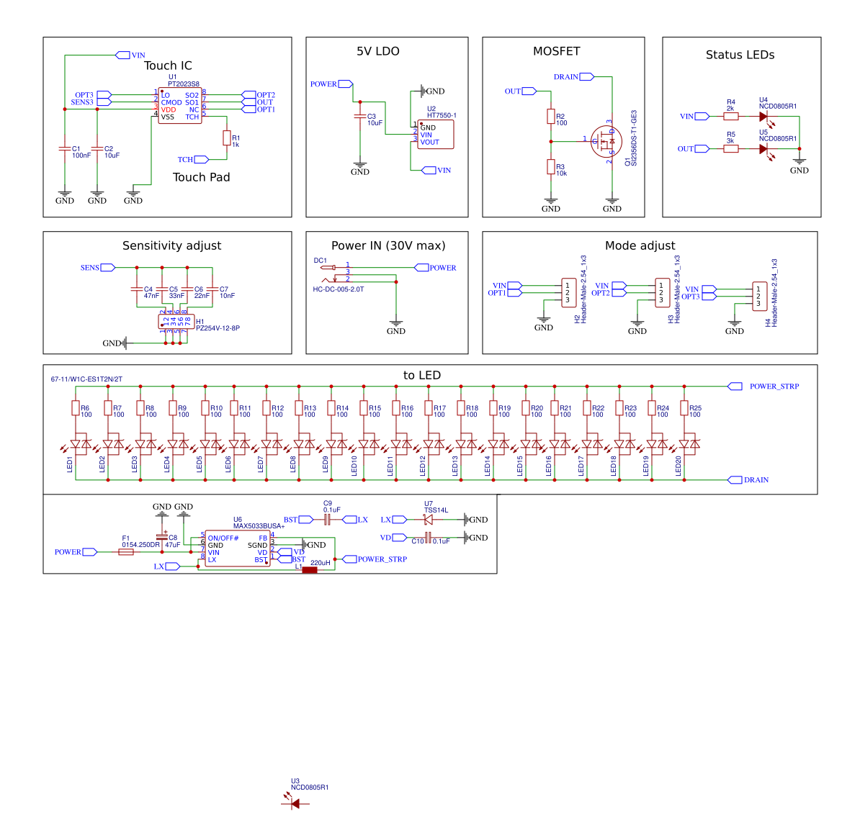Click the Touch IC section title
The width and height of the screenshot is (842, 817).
pyautogui.click(x=168, y=66)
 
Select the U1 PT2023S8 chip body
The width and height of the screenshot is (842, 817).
pyautogui.click(x=180, y=106)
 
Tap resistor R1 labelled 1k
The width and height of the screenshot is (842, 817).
pyautogui.click(x=227, y=138)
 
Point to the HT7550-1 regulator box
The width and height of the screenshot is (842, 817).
pyautogui.click(x=436, y=135)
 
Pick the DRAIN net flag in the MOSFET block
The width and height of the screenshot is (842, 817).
pyautogui.click(x=586, y=77)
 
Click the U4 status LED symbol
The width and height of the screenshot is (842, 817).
pyautogui.click(x=763, y=117)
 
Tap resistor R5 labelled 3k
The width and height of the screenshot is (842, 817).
pyautogui.click(x=731, y=149)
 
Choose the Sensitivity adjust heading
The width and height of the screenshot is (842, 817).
pyautogui.click(x=171, y=245)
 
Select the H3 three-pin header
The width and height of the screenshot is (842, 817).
pyautogui.click(x=662, y=293)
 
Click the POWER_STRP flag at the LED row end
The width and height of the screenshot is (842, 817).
pyautogui.click(x=735, y=387)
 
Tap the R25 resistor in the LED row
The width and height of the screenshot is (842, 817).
pyautogui.click(x=684, y=408)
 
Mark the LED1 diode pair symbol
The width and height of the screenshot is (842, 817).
pyautogui.click(x=80, y=445)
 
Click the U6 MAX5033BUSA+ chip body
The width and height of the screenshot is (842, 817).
pyautogui.click(x=238, y=549)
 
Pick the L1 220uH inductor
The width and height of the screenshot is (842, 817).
pyautogui.click(x=310, y=570)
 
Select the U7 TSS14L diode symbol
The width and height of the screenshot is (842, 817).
pyautogui.click(x=429, y=520)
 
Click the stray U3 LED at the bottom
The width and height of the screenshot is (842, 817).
pyautogui.click(x=295, y=803)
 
